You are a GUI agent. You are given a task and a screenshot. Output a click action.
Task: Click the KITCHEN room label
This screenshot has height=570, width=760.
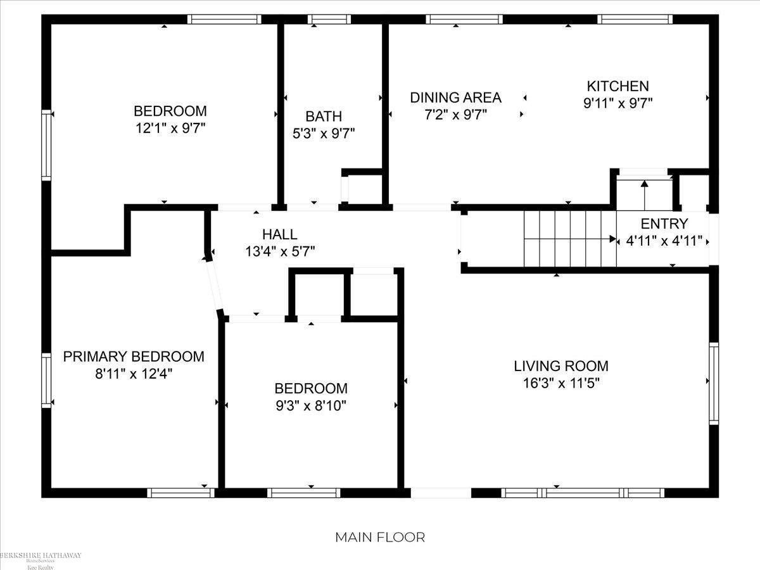[x=617, y=86]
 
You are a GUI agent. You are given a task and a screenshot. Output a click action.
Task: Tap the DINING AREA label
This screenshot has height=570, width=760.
[x=455, y=98]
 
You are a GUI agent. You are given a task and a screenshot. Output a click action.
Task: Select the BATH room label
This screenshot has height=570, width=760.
[x=324, y=117]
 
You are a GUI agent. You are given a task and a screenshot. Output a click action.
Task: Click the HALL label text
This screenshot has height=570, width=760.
[x=280, y=235]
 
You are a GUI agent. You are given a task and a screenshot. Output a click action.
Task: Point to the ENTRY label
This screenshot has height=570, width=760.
[x=664, y=224]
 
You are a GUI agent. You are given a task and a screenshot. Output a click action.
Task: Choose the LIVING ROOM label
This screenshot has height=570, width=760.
[x=560, y=366]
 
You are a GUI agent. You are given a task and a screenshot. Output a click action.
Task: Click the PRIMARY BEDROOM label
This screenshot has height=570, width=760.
[x=134, y=357]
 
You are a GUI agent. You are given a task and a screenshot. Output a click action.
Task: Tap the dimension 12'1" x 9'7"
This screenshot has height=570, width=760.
[x=170, y=127]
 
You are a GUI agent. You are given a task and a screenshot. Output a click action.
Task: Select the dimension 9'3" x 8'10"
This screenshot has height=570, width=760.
[x=310, y=405]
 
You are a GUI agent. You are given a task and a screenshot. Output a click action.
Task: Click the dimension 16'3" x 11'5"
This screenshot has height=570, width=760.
[x=560, y=383]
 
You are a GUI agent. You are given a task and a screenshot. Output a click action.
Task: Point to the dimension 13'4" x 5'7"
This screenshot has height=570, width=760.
[x=280, y=251]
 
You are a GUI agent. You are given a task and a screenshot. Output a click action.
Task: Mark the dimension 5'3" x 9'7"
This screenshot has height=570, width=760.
[x=324, y=133]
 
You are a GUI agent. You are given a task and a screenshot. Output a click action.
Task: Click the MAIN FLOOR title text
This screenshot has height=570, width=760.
[x=380, y=537]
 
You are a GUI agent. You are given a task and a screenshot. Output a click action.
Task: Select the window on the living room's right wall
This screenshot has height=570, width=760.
[x=714, y=383]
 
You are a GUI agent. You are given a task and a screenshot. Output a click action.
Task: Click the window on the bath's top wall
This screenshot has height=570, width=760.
[x=329, y=20]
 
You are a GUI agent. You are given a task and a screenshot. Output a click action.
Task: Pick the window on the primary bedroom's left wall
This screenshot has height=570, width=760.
[x=46, y=379]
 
